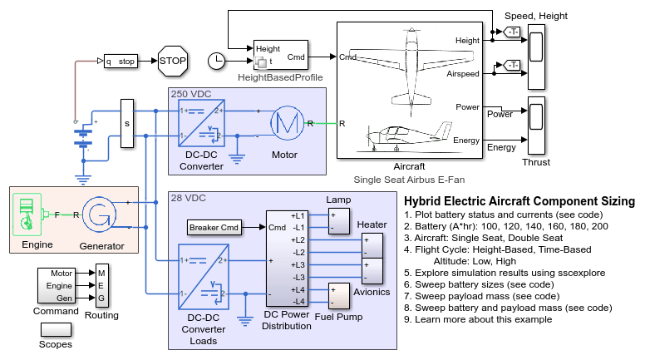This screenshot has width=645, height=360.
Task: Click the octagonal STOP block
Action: (x=173, y=61)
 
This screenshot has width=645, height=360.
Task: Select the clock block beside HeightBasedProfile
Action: (x=216, y=62)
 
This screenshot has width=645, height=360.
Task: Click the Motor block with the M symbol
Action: (x=287, y=123)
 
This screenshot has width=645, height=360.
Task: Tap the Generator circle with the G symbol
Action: (x=99, y=215)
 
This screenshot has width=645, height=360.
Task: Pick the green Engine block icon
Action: (x=27, y=215)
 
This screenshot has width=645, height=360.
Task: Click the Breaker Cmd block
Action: (x=214, y=228)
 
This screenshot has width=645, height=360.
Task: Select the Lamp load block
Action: (x=339, y=221)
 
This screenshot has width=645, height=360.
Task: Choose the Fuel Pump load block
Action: (x=339, y=296)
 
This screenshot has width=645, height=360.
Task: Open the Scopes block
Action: (x=56, y=329)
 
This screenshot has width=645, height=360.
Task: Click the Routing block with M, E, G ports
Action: (x=102, y=285)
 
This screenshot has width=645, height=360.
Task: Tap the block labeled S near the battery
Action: (x=127, y=123)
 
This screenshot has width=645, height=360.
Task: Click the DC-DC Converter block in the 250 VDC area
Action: (x=201, y=123)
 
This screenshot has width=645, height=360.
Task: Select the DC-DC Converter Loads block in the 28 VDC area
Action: (x=204, y=277)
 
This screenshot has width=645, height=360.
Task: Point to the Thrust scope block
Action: (x=537, y=126)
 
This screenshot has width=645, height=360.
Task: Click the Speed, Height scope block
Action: (x=537, y=57)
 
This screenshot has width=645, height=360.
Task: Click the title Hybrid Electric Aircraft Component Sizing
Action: (x=519, y=201)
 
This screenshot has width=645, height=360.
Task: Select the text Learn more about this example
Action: (x=484, y=320)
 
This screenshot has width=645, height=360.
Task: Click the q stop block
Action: (x=121, y=62)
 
